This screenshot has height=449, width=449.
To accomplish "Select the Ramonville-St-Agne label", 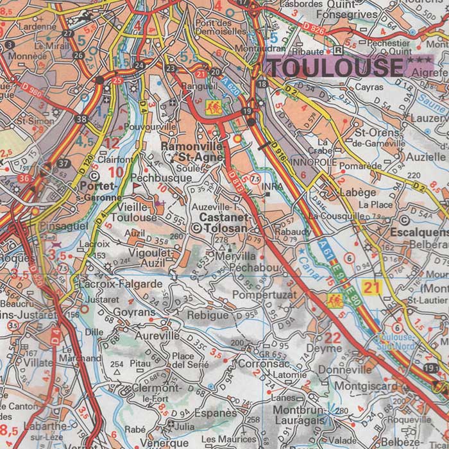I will click(x=192, y=151).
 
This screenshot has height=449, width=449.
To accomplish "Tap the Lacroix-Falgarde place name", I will click(x=120, y=284).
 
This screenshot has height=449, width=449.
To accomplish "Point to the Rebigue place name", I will click(x=207, y=315).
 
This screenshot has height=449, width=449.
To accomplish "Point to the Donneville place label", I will click(x=344, y=369).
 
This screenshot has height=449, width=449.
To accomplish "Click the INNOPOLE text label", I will click(x=313, y=163).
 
